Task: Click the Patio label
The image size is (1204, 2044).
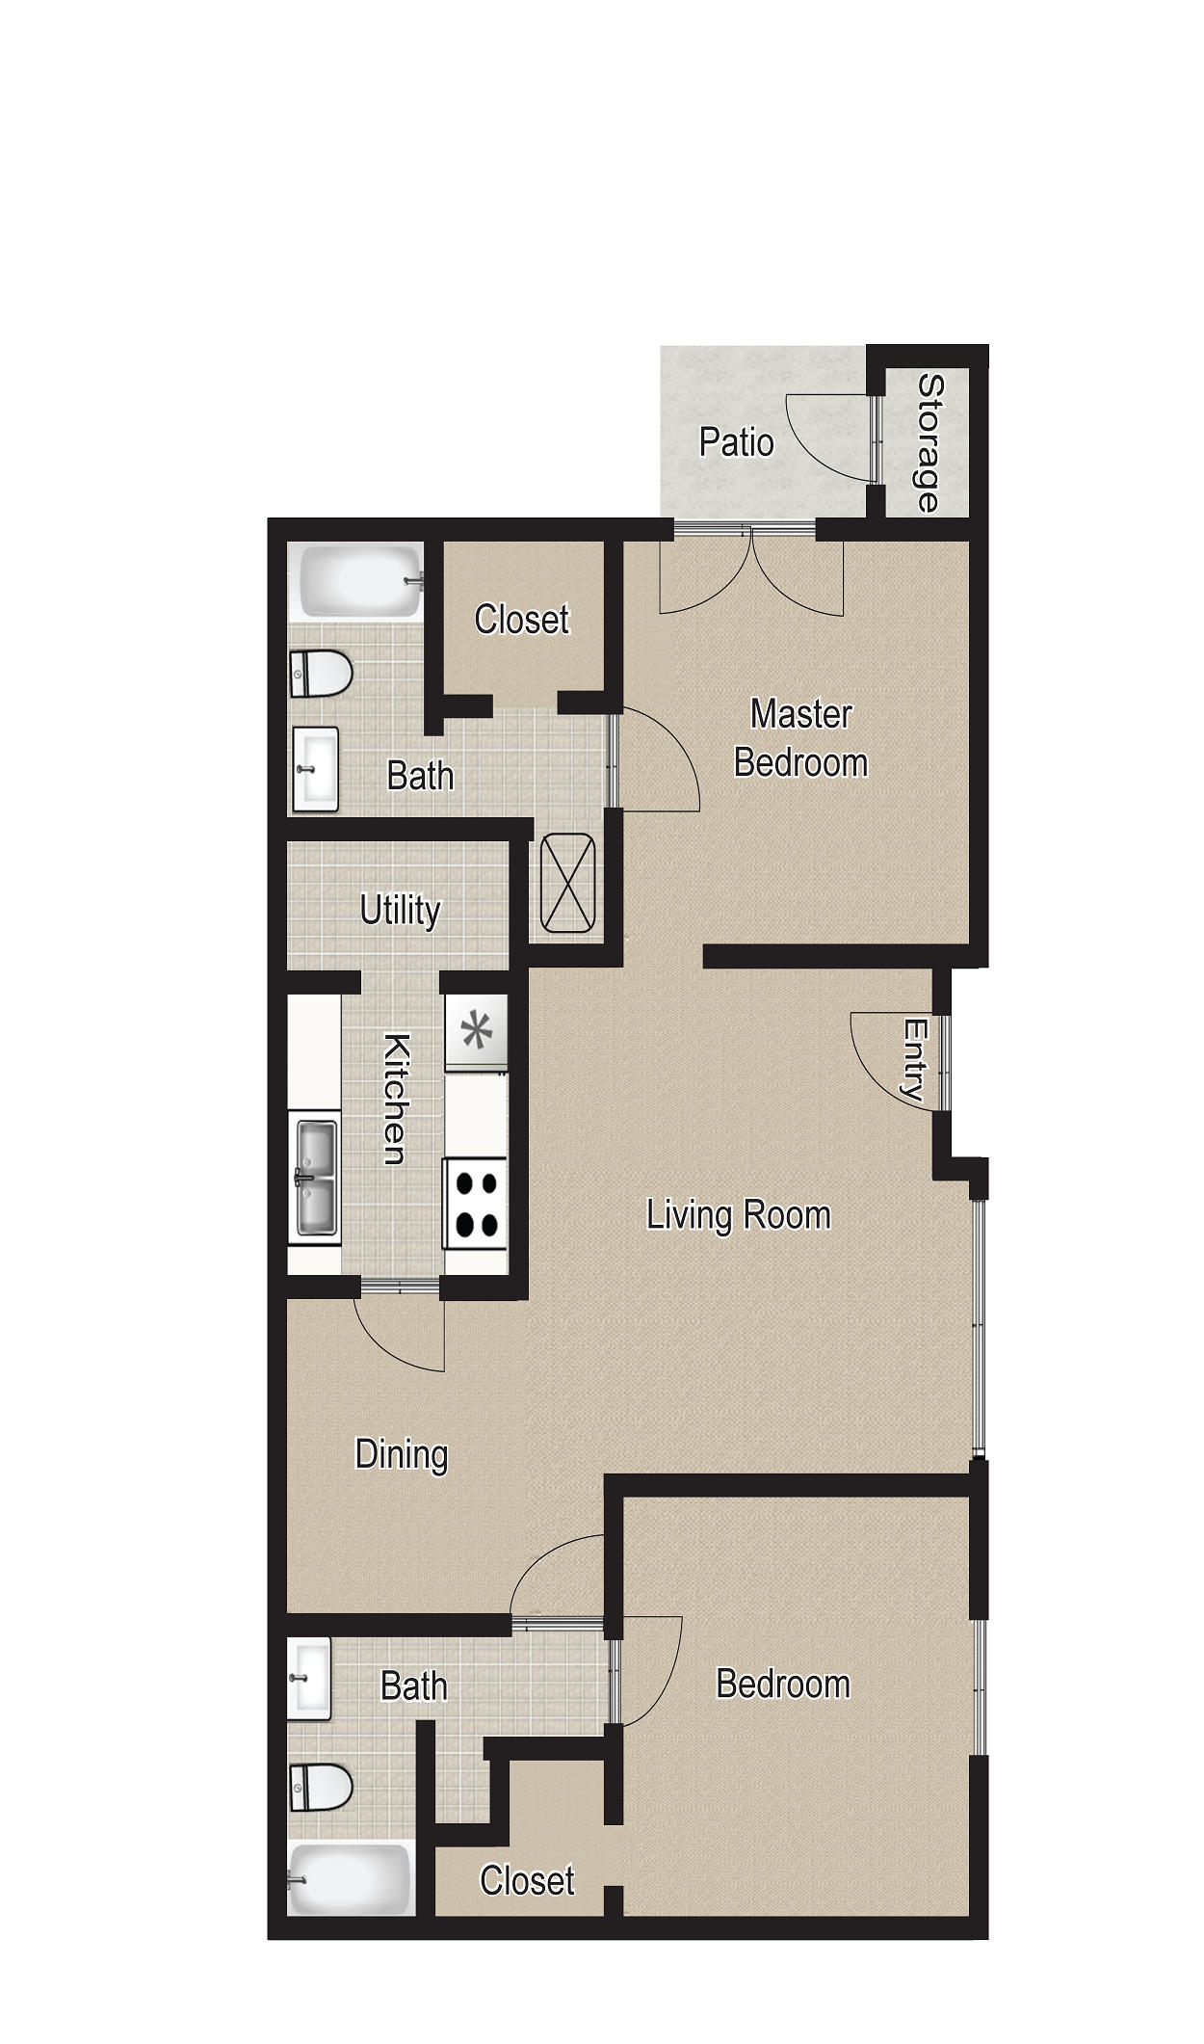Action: pos(737,442)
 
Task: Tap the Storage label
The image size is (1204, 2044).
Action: pos(930,443)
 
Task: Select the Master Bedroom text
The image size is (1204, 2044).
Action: pos(800,738)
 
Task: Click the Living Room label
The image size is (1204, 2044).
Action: pos(738,1214)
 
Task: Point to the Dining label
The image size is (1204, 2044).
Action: pos(401,1455)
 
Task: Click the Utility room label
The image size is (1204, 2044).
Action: pos(400,910)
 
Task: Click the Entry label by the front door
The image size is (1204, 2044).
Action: pos(913,1060)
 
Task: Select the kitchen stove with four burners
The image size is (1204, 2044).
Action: pos(476,1204)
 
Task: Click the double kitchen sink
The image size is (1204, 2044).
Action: pos(316,1177)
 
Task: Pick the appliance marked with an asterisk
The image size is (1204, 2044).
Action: pos(476,1031)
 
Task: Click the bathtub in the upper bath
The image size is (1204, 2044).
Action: pos(358,583)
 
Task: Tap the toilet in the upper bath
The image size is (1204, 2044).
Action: pos(320,673)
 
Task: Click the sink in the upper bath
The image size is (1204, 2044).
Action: pos(315,769)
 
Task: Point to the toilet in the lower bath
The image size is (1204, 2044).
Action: pos(321,1787)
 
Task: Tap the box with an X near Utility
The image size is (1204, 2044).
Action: pos(568,883)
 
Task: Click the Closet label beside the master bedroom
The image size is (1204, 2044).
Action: pos(522,620)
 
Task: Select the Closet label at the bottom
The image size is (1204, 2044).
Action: pos(527,1880)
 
